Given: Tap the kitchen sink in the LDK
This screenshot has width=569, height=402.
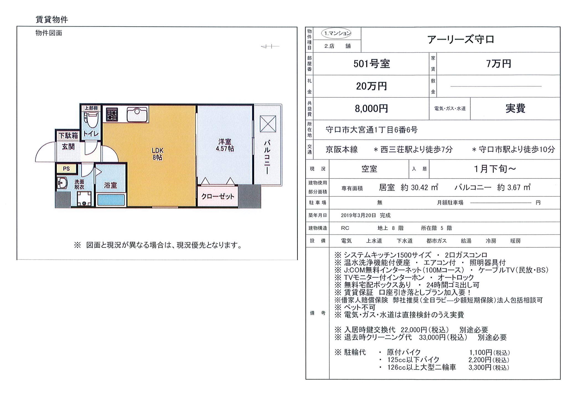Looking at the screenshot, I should coord(138,113).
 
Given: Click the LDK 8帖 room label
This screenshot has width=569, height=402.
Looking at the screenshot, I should coord(157,154).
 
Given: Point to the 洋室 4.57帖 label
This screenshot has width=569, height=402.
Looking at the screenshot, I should coord(225,145).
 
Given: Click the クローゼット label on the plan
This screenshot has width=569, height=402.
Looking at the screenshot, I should coord(218,196).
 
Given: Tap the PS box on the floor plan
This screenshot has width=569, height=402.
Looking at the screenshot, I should coord(66,169).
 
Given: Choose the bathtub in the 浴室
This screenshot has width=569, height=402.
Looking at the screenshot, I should coord(111,200).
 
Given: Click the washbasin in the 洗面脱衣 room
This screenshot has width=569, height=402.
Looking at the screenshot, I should coord(62,183).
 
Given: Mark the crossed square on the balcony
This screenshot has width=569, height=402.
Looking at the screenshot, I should coord(268,124).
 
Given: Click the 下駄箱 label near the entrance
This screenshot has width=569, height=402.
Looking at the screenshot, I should coord(68,136).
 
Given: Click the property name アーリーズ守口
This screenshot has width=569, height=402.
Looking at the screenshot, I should coord(461,40).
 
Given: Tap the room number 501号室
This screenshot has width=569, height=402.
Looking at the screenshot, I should coord(371,64).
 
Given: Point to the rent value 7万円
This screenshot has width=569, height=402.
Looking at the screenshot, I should coord(498,64).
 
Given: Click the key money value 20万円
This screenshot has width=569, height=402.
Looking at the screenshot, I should coord(371,86).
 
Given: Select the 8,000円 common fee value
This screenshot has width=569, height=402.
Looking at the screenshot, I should coord(371,108).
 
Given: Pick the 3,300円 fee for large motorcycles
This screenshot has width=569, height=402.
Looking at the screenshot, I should coord(488,367).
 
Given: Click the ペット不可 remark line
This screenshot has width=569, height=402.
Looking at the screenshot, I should coord(359,307).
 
